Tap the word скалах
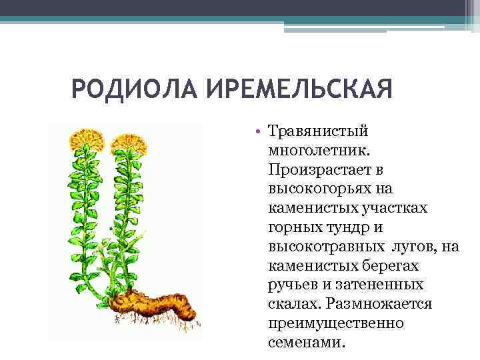[292, 305]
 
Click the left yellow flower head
[87, 138]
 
